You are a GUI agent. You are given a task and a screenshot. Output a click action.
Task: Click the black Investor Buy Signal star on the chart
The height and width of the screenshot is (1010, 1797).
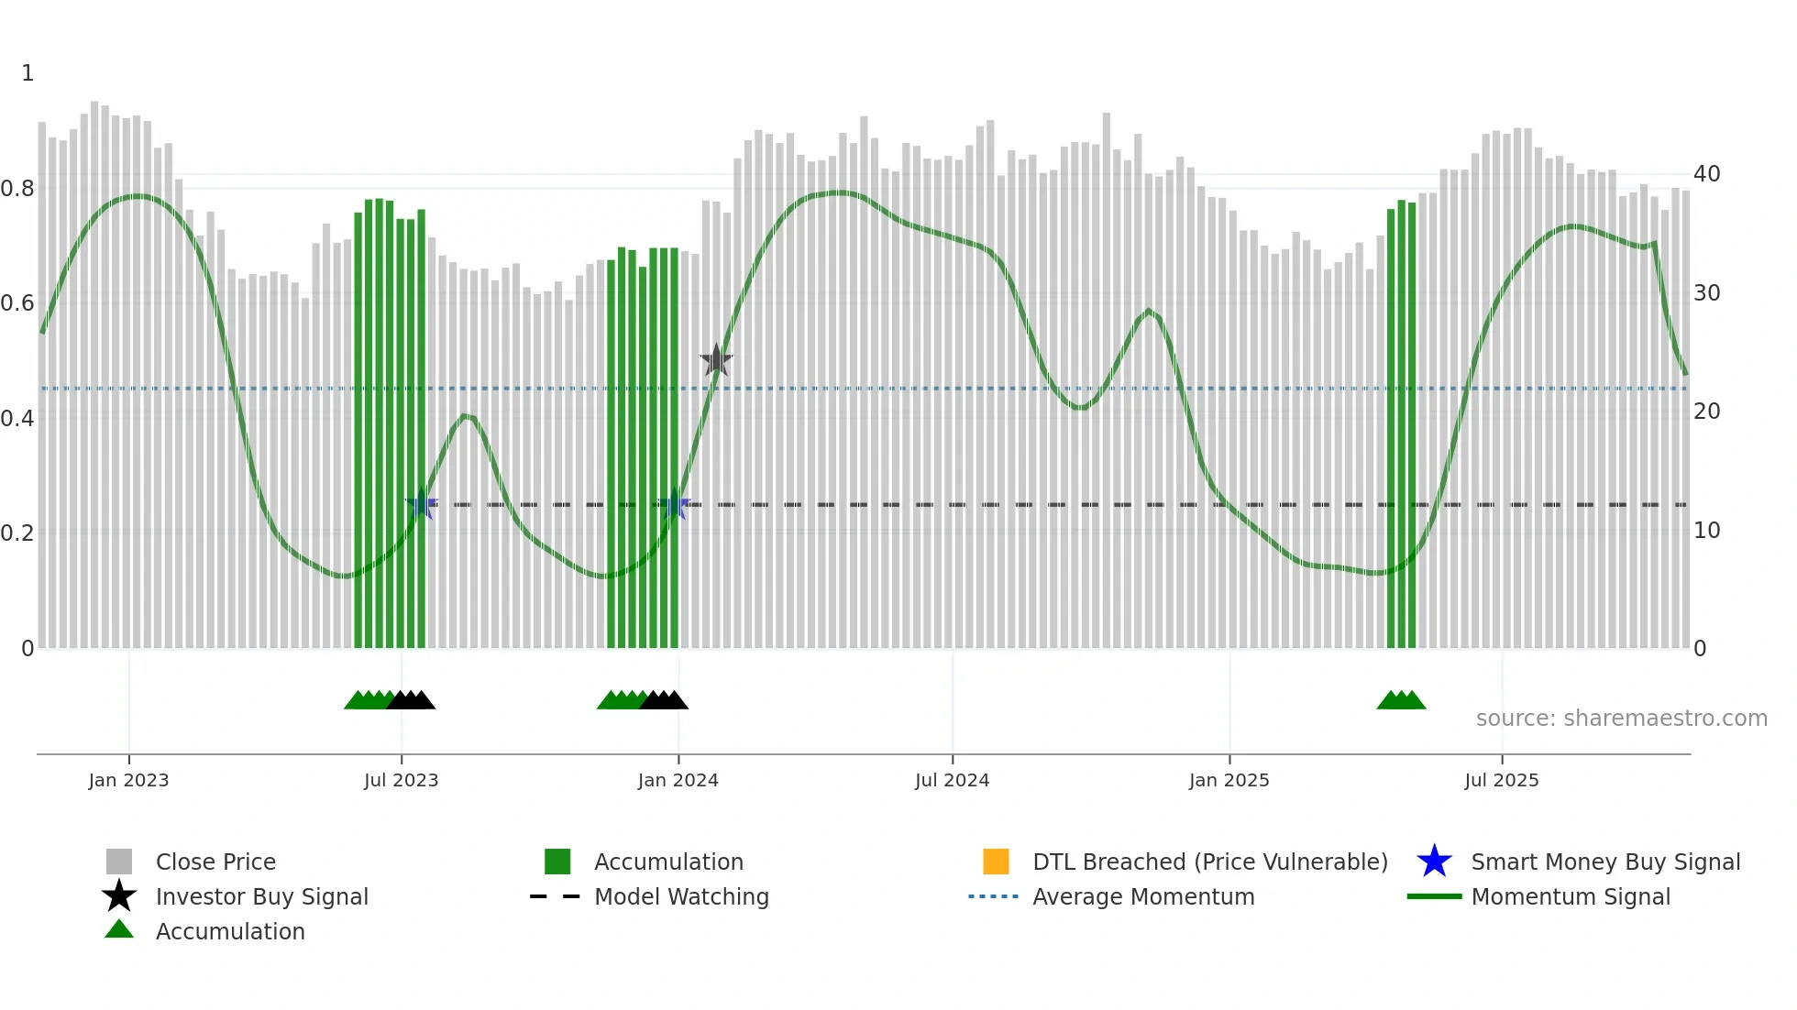[x=716, y=360]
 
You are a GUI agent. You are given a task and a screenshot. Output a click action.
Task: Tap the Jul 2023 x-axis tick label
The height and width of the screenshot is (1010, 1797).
[x=401, y=780]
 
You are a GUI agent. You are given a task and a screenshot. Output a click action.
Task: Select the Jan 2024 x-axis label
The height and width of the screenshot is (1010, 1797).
[x=678, y=780]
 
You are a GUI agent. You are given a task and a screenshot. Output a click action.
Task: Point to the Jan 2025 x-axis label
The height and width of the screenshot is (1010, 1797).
[x=1229, y=780]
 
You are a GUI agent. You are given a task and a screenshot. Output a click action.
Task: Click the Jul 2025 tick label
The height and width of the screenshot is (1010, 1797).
[x=1501, y=780]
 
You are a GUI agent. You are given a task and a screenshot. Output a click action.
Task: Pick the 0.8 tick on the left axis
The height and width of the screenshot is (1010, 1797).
[x=17, y=189]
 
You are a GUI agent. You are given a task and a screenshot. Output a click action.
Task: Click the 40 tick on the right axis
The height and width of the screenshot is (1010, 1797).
[x=1706, y=174]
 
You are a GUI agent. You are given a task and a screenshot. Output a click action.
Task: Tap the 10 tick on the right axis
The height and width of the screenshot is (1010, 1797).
[x=1706, y=531]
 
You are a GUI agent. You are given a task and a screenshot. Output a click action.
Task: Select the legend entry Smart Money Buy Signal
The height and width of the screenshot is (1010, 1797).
[x=1604, y=862]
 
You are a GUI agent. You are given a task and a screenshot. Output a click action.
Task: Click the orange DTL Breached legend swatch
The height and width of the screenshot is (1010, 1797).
[x=996, y=862]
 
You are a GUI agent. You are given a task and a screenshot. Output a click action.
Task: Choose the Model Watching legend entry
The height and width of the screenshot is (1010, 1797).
[x=680, y=896]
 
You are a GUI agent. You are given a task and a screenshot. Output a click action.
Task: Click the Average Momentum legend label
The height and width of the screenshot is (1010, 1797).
[x=1142, y=896]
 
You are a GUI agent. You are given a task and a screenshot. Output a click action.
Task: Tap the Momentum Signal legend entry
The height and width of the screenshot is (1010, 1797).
[x=1570, y=896]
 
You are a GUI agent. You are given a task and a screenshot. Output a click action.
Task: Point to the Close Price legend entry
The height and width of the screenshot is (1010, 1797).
[x=215, y=862]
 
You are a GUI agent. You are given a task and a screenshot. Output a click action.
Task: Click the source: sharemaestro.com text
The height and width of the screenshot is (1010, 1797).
[x=1621, y=719]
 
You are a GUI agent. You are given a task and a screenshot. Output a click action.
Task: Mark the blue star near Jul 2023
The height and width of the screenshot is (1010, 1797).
[x=422, y=504]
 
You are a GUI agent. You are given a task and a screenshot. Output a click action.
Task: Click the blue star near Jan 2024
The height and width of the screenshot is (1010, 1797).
[x=675, y=504]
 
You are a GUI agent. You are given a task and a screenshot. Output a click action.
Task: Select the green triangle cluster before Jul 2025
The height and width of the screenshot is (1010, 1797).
[x=1401, y=701]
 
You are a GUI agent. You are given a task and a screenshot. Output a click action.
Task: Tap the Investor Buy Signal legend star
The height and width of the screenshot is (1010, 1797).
[x=119, y=896]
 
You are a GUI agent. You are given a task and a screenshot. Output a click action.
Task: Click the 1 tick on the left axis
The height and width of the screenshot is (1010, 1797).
[x=28, y=73]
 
